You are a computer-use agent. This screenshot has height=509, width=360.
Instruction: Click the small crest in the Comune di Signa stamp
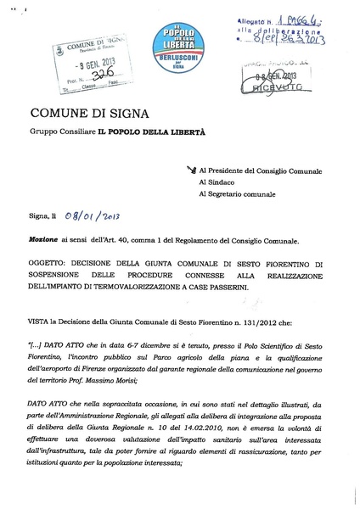(59, 53)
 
